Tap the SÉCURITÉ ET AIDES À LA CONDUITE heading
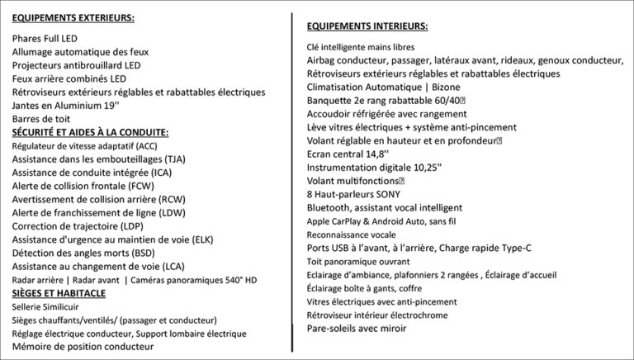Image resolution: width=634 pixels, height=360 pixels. (90, 132)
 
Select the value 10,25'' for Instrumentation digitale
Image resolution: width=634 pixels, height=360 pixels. (424, 168)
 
